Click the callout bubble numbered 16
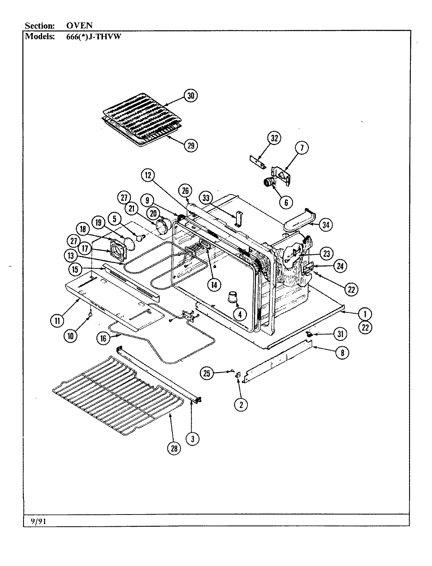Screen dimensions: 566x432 click(x=103, y=338)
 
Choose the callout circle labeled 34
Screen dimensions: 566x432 click(x=326, y=225)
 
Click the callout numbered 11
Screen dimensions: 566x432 click(x=57, y=321)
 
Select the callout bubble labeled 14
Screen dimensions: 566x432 click(x=214, y=285)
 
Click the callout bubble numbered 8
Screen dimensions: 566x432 click(x=342, y=353)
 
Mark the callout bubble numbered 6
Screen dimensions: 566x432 click(x=286, y=202)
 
